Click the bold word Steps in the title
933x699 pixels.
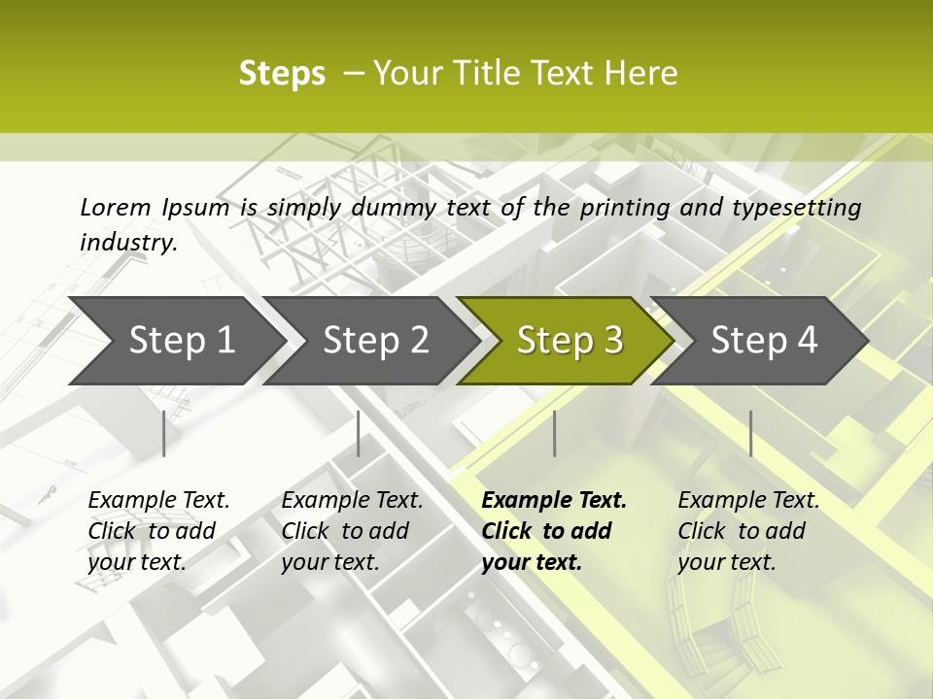pyautogui.click(x=282, y=74)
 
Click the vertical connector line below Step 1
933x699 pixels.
pyautogui.click(x=164, y=433)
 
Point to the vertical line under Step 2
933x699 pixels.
pyautogui.click(x=359, y=433)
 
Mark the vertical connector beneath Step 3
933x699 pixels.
pyautogui.click(x=555, y=433)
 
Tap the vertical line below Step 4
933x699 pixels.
pyautogui.click(x=750, y=433)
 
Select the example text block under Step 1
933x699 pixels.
pyautogui.click(x=158, y=531)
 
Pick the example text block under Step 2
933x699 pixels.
pyautogui.click(x=352, y=531)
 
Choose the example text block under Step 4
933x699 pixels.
pyautogui.click(x=748, y=531)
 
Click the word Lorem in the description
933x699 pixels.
pyautogui.click(x=115, y=208)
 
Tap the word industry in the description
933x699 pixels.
pyautogui.click(x=127, y=243)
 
